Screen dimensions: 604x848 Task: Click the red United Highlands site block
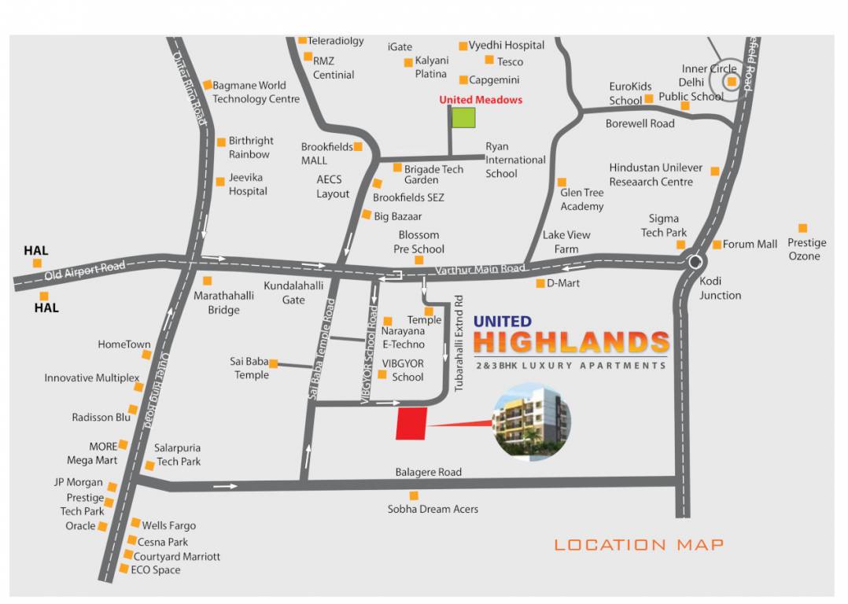coord(411,423)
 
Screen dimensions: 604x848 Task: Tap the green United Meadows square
coord(463,117)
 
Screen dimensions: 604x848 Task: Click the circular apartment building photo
coord(531,422)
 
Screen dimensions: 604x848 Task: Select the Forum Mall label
coord(750,244)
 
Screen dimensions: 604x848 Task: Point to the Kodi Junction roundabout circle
coord(695,262)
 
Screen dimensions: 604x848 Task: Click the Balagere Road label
coord(428,472)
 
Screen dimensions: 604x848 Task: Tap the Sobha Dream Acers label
coord(433,509)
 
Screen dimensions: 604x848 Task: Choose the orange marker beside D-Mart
coord(540,283)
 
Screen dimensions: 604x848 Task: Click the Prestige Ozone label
coord(804,249)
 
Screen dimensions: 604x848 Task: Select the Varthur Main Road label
coord(480,269)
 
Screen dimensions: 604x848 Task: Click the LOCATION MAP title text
coord(639,544)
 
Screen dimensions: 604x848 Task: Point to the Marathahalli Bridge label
coord(224,303)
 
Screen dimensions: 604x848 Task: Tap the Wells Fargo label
coord(168,525)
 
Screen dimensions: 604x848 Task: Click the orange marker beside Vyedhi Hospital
coord(463,46)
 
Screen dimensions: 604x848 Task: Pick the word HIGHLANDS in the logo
coord(571,343)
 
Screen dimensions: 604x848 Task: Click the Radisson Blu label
coord(101,417)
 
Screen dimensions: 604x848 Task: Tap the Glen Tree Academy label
coord(582,199)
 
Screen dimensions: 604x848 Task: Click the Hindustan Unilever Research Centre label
coord(655,175)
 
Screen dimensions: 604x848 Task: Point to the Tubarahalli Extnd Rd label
coord(459,344)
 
